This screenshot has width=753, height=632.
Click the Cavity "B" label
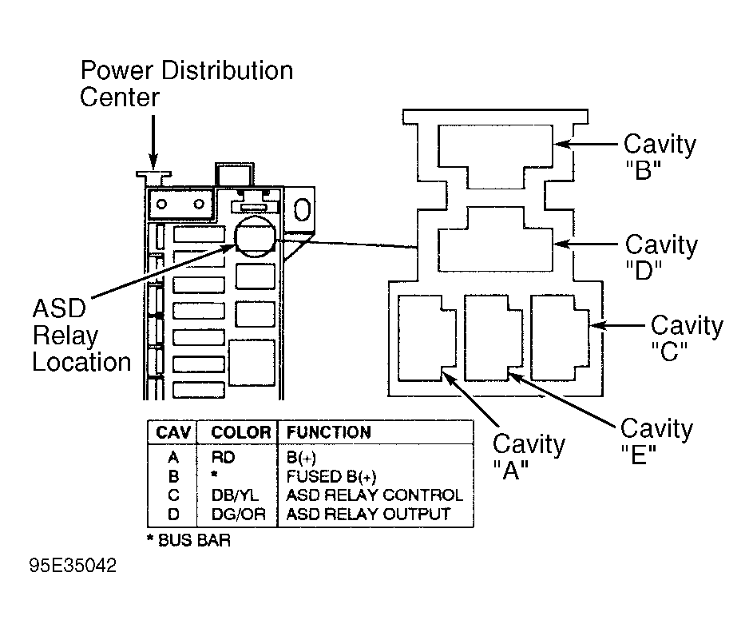[660, 156]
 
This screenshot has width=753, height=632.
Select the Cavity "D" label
[661, 256]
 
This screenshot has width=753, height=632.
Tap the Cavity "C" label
[687, 338]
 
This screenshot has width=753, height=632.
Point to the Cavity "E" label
[656, 441]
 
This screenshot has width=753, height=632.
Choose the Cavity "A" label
[529, 456]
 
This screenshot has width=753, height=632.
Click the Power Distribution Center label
[186, 84]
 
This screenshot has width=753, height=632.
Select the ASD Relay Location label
[81, 335]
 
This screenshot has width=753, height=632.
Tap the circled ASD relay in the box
[255, 236]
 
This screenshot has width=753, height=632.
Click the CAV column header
[173, 432]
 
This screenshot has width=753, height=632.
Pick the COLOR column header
[241, 432]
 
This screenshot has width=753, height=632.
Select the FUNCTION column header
[329, 432]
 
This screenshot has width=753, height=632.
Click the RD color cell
[224, 457]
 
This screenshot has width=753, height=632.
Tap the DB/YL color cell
[235, 495]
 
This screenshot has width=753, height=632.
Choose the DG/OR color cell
[239, 515]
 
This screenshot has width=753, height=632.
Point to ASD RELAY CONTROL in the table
[375, 495]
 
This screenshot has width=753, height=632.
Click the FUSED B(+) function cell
[331, 476]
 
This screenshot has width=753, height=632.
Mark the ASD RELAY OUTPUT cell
[368, 515]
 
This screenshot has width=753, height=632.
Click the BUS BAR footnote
[188, 540]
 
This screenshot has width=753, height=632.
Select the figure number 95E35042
[73, 566]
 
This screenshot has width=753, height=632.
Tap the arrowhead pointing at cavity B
[561, 144]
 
